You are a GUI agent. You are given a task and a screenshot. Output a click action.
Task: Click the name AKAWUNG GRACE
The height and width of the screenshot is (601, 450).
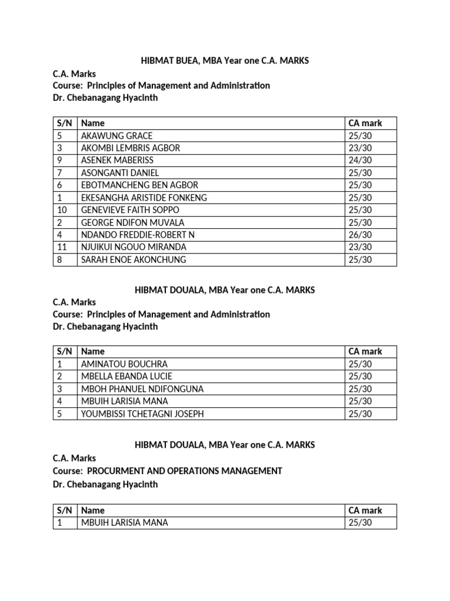click(x=117, y=136)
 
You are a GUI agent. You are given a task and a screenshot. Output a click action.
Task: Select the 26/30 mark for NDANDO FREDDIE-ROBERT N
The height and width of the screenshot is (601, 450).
click(x=360, y=235)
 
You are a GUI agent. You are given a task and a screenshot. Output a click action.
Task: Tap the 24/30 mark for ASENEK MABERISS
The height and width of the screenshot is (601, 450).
click(x=360, y=160)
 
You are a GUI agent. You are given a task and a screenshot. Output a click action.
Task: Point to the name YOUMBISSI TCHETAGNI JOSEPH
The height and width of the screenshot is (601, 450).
click(x=143, y=414)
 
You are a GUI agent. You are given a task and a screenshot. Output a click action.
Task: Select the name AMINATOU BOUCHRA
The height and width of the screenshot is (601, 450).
click(x=124, y=364)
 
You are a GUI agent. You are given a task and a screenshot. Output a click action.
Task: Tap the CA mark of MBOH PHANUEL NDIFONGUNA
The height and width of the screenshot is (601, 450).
click(x=360, y=389)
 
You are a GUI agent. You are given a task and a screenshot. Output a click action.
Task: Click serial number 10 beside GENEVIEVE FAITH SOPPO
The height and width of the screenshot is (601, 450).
click(x=63, y=210)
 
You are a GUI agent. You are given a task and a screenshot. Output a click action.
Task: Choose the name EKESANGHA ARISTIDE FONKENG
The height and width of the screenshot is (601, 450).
click(x=144, y=198)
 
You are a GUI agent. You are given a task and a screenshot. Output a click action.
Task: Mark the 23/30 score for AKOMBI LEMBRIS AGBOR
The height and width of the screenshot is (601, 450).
click(x=360, y=148)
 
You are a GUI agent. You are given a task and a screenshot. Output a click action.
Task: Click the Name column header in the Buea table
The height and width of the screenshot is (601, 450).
click(x=93, y=123)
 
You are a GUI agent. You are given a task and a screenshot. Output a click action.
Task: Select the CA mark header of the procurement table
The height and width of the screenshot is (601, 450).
click(x=365, y=510)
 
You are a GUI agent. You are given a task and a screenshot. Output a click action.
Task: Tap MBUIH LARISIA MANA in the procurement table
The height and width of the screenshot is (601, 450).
click(x=124, y=522)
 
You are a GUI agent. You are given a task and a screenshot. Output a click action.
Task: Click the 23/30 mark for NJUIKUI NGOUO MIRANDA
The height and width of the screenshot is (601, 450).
click(x=360, y=247)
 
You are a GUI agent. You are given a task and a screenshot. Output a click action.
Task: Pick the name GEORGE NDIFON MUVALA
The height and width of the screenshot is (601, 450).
click(x=133, y=222)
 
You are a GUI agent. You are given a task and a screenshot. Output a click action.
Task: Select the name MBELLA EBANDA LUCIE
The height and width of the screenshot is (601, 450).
click(x=127, y=376)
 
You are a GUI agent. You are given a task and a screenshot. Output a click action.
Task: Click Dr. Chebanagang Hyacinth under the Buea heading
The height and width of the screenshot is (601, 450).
click(x=105, y=98)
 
